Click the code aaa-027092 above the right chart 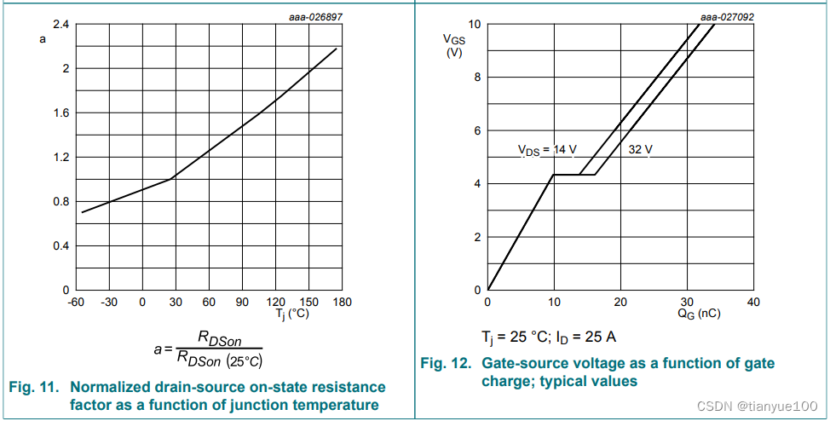[727, 16]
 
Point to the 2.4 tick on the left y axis [61, 24]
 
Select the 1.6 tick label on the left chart [61, 112]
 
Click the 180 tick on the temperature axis [343, 302]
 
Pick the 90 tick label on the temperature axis [242, 302]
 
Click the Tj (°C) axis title [292, 314]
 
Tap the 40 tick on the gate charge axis [753, 302]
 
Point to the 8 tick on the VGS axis [478, 78]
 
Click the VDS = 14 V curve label [547, 151]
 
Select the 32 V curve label [641, 151]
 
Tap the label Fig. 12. [446, 363]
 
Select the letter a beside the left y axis [43, 39]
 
